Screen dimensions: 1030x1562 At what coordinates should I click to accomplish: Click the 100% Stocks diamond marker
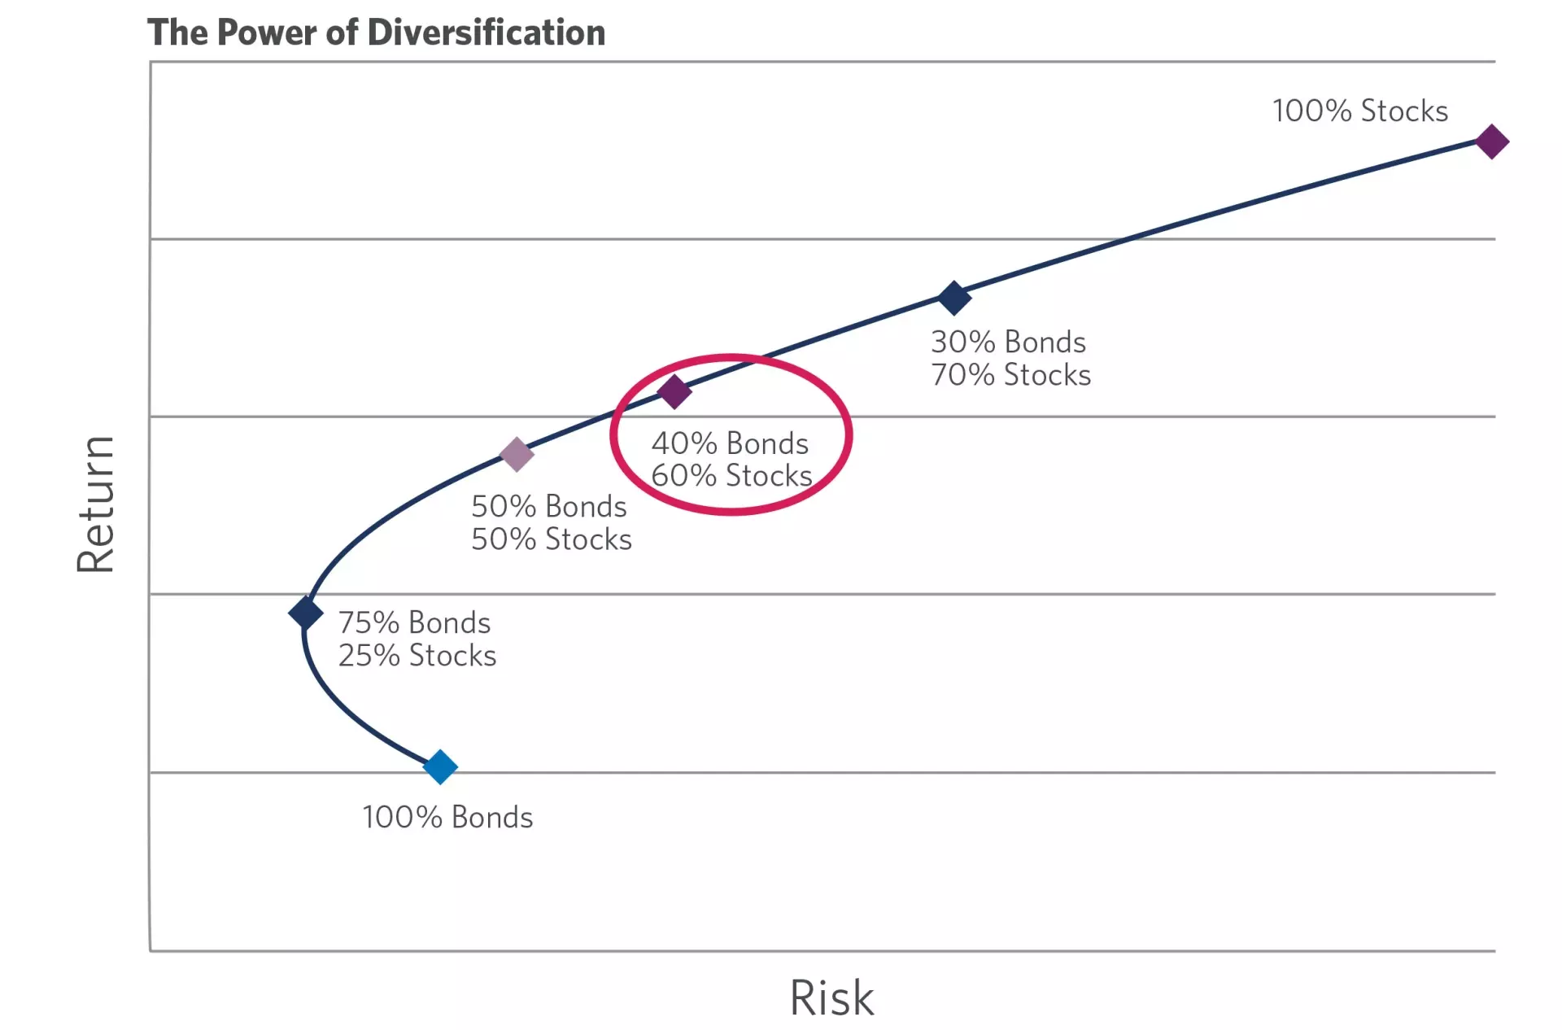point(1491,142)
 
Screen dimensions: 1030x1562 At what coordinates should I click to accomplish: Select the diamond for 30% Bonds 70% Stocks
point(954,298)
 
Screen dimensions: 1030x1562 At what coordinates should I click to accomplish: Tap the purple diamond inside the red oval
point(674,391)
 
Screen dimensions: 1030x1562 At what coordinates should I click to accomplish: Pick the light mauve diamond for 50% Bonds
point(516,454)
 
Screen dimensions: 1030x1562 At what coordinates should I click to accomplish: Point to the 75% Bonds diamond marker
point(306,613)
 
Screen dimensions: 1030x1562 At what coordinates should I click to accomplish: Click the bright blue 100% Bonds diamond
point(440,766)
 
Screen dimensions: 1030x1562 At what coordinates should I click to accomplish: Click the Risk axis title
point(831,997)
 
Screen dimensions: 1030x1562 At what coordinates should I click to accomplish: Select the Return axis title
point(96,504)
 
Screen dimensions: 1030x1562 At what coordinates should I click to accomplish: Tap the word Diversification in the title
point(486,33)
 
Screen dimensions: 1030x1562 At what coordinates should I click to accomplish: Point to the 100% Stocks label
point(1359,111)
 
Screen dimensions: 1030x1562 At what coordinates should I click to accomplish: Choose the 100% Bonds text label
point(447,817)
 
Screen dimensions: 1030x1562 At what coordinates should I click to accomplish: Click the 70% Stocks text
point(1010,375)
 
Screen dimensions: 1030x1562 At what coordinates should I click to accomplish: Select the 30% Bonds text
point(1008,342)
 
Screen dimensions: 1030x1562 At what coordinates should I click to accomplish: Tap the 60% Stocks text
point(731,475)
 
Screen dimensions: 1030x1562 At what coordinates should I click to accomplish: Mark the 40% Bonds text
point(730,443)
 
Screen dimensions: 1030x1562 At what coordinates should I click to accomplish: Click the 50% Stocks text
point(551,539)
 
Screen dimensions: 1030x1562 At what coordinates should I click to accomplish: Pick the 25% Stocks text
point(417,655)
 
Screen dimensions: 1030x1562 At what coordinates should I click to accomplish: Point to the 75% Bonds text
point(414,622)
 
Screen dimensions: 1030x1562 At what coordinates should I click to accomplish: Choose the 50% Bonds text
point(548,506)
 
